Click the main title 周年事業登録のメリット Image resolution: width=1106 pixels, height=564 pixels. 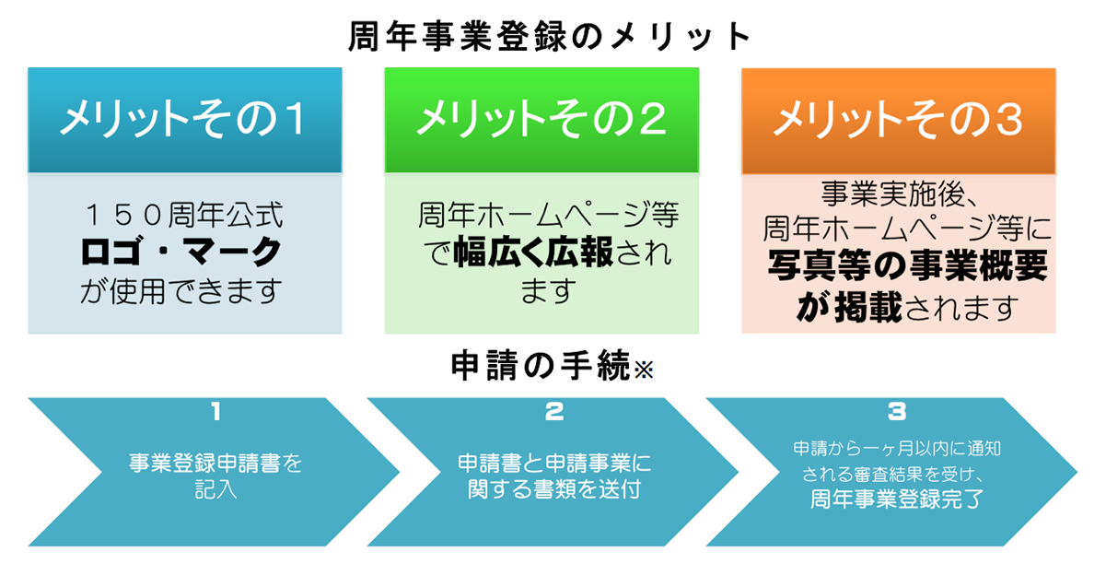[x=549, y=37]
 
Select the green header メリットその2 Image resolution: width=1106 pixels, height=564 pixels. [x=541, y=120]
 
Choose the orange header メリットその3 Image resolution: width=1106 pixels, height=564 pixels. [x=899, y=121]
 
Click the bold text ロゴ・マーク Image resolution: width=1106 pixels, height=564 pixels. [x=181, y=252]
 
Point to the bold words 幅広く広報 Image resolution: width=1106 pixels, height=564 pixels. [x=533, y=253]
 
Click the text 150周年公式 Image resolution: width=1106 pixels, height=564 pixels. [x=183, y=215]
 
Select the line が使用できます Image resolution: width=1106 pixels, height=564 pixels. [x=181, y=290]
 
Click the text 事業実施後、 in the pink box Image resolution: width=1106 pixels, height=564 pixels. [x=900, y=194]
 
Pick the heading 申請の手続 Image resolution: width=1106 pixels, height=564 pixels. [x=541, y=365]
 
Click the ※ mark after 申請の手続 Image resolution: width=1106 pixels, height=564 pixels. [x=644, y=370]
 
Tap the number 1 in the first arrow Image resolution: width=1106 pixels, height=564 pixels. [x=215, y=411]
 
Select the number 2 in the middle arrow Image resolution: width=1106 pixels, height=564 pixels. [x=554, y=411]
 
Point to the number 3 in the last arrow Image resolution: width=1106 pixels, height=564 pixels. [x=897, y=411]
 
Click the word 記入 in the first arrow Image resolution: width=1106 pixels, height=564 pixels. [x=215, y=489]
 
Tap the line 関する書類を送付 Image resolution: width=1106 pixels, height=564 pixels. [x=554, y=488]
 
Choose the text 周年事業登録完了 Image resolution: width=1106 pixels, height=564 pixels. [x=897, y=499]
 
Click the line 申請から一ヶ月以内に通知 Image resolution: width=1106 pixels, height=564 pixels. [x=897, y=448]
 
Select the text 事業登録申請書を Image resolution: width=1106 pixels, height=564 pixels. [x=215, y=464]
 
